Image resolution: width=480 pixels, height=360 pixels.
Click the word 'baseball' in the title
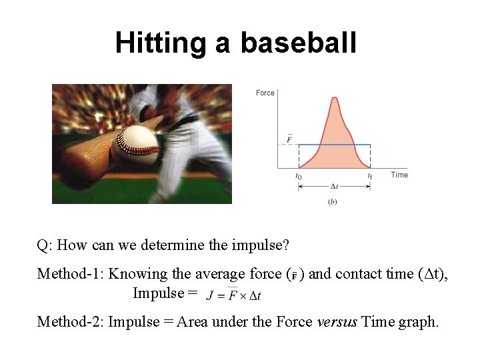click(x=298, y=43)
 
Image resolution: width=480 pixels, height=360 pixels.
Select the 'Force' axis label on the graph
click(x=265, y=93)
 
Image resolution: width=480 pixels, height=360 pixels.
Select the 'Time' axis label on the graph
click(x=399, y=175)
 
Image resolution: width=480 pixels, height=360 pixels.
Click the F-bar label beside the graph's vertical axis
click(x=289, y=139)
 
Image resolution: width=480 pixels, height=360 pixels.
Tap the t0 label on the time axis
click(x=298, y=176)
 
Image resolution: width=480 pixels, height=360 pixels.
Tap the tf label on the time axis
click(x=369, y=176)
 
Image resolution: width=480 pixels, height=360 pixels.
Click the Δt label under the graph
click(x=334, y=187)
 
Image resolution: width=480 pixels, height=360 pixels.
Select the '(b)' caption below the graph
click(x=332, y=201)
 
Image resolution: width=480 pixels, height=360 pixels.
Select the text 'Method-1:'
click(x=71, y=273)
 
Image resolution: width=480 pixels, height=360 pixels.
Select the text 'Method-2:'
click(x=71, y=322)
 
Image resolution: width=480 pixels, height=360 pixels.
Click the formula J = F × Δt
click(x=233, y=295)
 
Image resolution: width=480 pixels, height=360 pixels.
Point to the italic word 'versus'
click(x=337, y=322)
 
